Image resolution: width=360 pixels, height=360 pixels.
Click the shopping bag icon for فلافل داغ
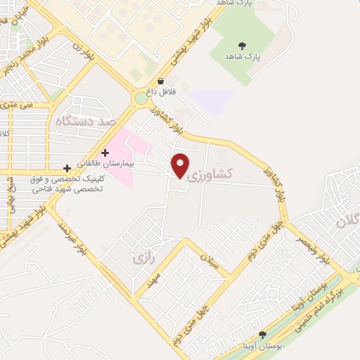click(x=161, y=82)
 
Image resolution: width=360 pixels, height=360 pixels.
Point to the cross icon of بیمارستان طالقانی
click(x=105, y=153)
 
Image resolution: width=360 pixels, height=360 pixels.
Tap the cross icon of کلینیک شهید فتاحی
click(x=67, y=169)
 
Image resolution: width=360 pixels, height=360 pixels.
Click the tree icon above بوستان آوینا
click(x=263, y=335)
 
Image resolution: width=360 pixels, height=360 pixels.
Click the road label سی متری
click(x=20, y=104)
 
